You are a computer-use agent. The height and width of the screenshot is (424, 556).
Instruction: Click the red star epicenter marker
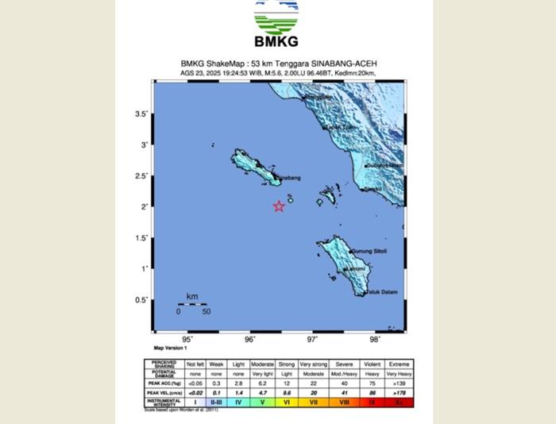(279, 206)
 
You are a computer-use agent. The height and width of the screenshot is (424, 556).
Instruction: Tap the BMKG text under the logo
(276, 42)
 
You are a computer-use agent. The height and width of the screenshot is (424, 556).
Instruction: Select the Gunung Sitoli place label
(369, 252)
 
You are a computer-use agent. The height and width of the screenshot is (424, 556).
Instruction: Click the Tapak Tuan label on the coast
(341, 127)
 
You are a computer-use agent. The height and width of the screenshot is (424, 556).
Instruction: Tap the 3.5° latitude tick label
(141, 114)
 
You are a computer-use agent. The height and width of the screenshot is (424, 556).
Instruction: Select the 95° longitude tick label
(187, 340)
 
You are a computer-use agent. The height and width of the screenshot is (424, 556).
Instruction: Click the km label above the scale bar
(192, 297)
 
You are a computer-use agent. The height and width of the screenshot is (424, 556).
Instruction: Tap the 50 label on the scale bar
(207, 311)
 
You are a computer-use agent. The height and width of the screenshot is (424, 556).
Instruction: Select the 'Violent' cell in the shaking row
(372, 364)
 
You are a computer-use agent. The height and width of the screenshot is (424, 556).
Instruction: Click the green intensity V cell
(262, 403)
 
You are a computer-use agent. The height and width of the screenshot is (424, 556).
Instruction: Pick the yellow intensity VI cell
(287, 403)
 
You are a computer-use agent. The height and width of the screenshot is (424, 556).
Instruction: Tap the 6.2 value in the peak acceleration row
(262, 383)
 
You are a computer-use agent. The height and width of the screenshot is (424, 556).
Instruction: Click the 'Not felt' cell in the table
(195, 364)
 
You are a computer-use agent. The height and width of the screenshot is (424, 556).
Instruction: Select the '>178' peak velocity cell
(399, 392)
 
